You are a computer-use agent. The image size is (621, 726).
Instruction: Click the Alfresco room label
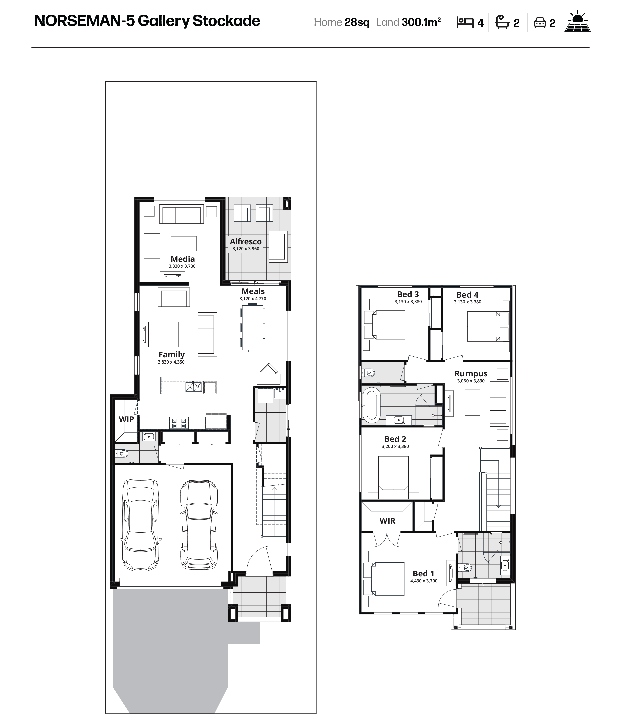pyautogui.click(x=246, y=241)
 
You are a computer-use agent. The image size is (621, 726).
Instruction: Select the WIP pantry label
pyautogui.click(x=126, y=419)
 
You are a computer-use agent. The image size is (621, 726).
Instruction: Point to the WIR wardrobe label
pyautogui.click(x=387, y=521)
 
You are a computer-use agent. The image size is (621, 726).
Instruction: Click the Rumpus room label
pyautogui.click(x=471, y=374)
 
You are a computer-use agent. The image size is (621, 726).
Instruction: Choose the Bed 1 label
pyautogui.click(x=423, y=573)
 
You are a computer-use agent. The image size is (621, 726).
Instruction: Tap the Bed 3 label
pyautogui.click(x=408, y=294)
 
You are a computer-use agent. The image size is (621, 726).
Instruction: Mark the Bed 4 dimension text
pyautogui.click(x=468, y=302)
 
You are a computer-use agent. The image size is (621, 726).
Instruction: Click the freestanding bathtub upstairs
pyautogui.click(x=371, y=404)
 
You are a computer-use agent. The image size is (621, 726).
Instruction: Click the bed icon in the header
pyautogui.click(x=465, y=23)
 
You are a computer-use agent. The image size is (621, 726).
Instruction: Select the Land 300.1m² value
pyautogui.click(x=421, y=22)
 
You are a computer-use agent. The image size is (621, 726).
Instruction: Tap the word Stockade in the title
pyautogui.click(x=226, y=21)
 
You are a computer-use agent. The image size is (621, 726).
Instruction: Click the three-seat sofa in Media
pyautogui.click(x=182, y=214)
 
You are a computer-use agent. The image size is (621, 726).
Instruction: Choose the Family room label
pyautogui.click(x=171, y=354)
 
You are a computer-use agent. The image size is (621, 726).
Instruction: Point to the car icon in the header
pyautogui.click(x=540, y=23)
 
